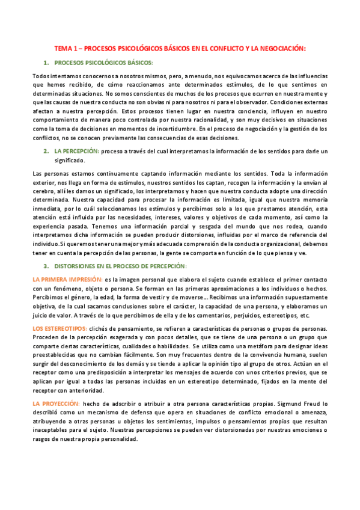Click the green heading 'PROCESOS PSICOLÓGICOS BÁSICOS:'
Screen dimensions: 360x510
pyautogui.click(x=104, y=63)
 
